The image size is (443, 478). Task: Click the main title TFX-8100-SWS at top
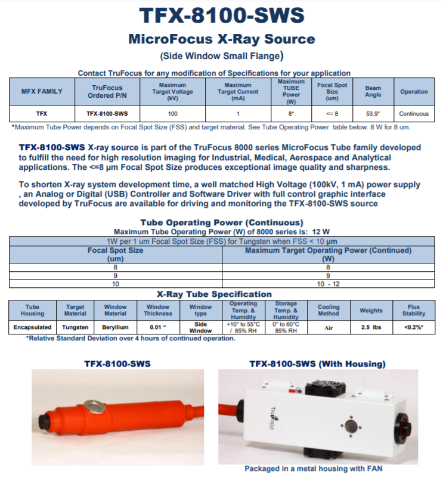[221, 16]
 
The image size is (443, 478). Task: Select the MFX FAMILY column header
[42, 92]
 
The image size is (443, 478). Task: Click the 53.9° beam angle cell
[373, 113]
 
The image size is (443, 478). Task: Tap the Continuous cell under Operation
[414, 113]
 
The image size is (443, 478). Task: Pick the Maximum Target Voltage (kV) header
[173, 92]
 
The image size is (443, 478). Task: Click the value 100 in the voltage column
[173, 113]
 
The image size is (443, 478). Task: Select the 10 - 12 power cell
[328, 285]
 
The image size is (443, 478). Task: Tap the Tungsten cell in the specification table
[75, 327]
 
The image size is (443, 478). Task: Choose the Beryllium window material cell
[116, 327]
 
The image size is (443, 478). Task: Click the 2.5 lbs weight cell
[371, 327]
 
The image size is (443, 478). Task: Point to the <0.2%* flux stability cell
[414, 327]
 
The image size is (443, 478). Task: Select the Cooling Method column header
[329, 311]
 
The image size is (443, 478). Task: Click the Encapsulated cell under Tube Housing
[32, 327]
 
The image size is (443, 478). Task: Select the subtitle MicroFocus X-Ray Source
[221, 40]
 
